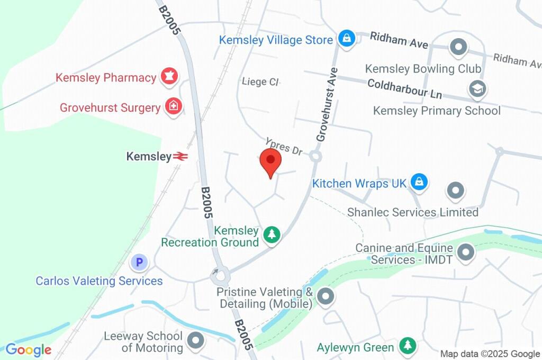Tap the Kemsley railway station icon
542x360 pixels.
[180, 156]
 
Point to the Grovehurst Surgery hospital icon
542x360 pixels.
[173, 107]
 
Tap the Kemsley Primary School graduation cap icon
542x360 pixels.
[477, 89]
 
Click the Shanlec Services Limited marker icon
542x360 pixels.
[455, 191]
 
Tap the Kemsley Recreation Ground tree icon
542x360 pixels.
[272, 234]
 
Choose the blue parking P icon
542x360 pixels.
[139, 262]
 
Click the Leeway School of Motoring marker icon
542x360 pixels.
[196, 341]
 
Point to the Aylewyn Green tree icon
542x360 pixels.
[407, 346]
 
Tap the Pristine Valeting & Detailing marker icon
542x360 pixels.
[326, 296]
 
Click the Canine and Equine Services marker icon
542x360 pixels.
[466, 253]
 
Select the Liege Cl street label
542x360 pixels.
[260, 82]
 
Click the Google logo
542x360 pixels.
[28, 349]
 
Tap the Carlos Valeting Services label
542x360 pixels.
[99, 281]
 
